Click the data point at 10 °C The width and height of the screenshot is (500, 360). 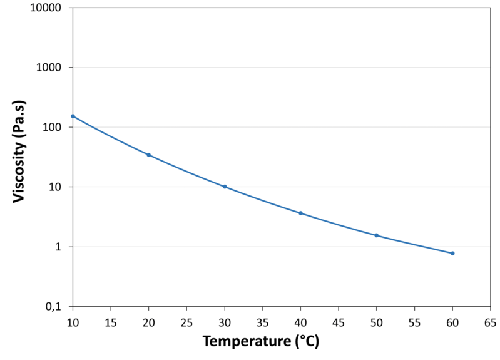(x=73, y=116)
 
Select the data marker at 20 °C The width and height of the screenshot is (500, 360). (x=148, y=155)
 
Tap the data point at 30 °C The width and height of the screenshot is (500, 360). (x=225, y=187)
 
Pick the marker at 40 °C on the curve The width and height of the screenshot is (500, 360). (x=300, y=213)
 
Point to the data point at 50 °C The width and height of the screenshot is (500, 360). (x=377, y=235)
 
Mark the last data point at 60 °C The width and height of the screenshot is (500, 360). (x=452, y=253)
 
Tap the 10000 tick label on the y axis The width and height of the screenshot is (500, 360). (x=46, y=8)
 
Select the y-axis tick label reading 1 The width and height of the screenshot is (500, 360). (x=60, y=247)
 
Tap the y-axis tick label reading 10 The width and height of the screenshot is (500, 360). (x=56, y=187)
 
